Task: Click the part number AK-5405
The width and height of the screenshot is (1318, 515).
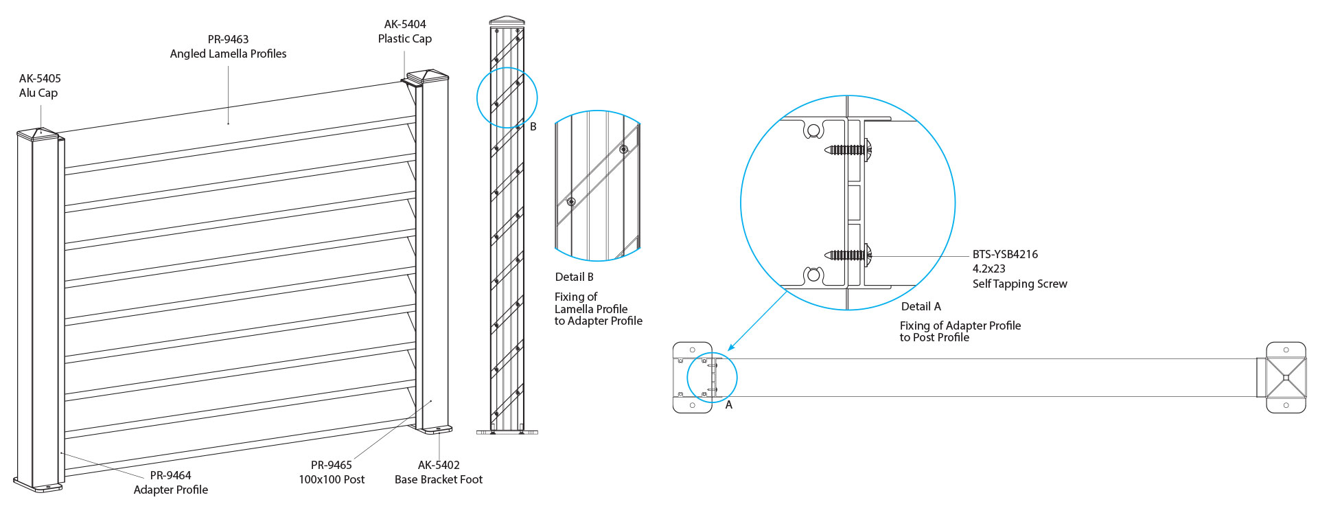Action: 40,78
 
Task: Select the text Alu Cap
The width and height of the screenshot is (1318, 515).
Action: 38,93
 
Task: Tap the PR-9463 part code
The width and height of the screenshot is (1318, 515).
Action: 228,39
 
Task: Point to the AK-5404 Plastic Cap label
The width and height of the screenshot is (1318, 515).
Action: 405,32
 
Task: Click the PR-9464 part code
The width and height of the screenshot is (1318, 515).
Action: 170,475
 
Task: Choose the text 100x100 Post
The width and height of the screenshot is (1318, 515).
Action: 332,479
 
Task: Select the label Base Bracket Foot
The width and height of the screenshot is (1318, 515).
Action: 439,479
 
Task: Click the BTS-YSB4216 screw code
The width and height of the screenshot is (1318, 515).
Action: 1005,254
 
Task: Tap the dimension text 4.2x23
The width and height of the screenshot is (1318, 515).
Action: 988,268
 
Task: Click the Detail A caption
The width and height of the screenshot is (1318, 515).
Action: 921,306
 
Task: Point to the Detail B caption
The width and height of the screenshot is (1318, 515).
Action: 574,277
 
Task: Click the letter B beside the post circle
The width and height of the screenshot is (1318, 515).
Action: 533,126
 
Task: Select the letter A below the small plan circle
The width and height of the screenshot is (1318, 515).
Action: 729,405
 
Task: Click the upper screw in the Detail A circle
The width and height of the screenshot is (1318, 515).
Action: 849,149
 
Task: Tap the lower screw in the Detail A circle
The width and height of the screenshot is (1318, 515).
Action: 849,255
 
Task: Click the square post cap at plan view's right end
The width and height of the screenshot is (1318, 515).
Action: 1286,378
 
